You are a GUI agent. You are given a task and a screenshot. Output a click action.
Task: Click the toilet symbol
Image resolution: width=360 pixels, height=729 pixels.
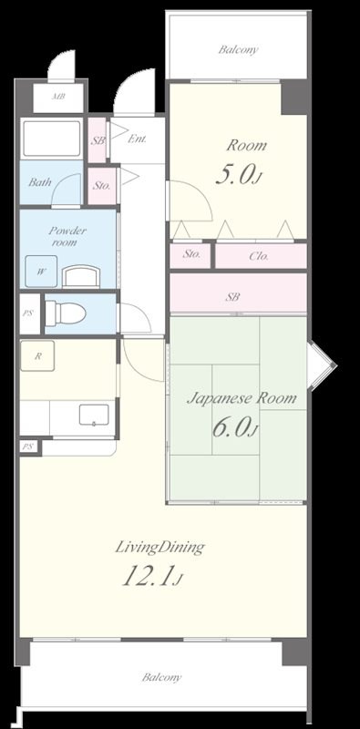coord(66,313)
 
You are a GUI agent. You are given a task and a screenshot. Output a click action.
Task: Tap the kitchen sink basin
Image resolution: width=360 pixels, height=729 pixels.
coord(94,415)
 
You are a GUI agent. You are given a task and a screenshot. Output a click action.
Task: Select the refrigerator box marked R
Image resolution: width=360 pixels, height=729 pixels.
coord(37,355)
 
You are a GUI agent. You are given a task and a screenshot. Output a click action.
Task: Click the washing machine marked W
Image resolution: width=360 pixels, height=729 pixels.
coord(41,272)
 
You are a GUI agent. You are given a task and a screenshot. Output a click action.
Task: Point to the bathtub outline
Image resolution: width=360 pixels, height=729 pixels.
coord(52,139)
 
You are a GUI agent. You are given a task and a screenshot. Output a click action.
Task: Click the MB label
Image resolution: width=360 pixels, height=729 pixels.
coord(58,98)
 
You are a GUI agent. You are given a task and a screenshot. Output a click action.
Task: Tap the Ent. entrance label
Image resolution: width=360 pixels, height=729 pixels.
coord(138,139)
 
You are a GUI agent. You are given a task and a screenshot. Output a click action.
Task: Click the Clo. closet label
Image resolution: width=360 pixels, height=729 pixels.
coord(259,256)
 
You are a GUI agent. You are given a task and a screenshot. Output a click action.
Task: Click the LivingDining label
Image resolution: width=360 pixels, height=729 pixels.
coord(159,548)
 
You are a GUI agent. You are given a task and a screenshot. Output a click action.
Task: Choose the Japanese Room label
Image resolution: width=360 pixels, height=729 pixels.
coord(242,398)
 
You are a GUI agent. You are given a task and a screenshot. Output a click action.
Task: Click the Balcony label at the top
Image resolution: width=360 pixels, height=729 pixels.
coord(238,50)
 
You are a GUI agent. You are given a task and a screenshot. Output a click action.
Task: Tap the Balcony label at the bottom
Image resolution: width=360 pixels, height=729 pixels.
coord(161,677)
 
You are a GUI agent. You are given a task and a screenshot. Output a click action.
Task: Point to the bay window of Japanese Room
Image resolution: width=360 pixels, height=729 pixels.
coord(322,365)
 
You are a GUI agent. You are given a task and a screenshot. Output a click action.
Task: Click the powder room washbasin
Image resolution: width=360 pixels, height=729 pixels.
coord(81,276)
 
